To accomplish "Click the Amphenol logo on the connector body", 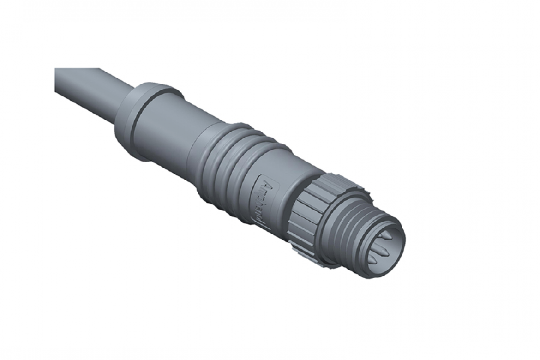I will (263, 202).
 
